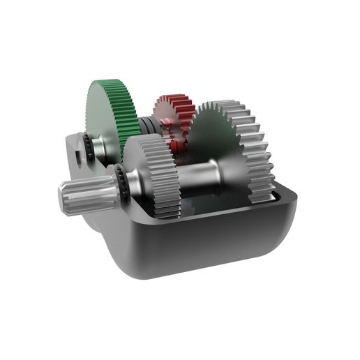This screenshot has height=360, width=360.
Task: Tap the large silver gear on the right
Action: [x=234, y=150]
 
